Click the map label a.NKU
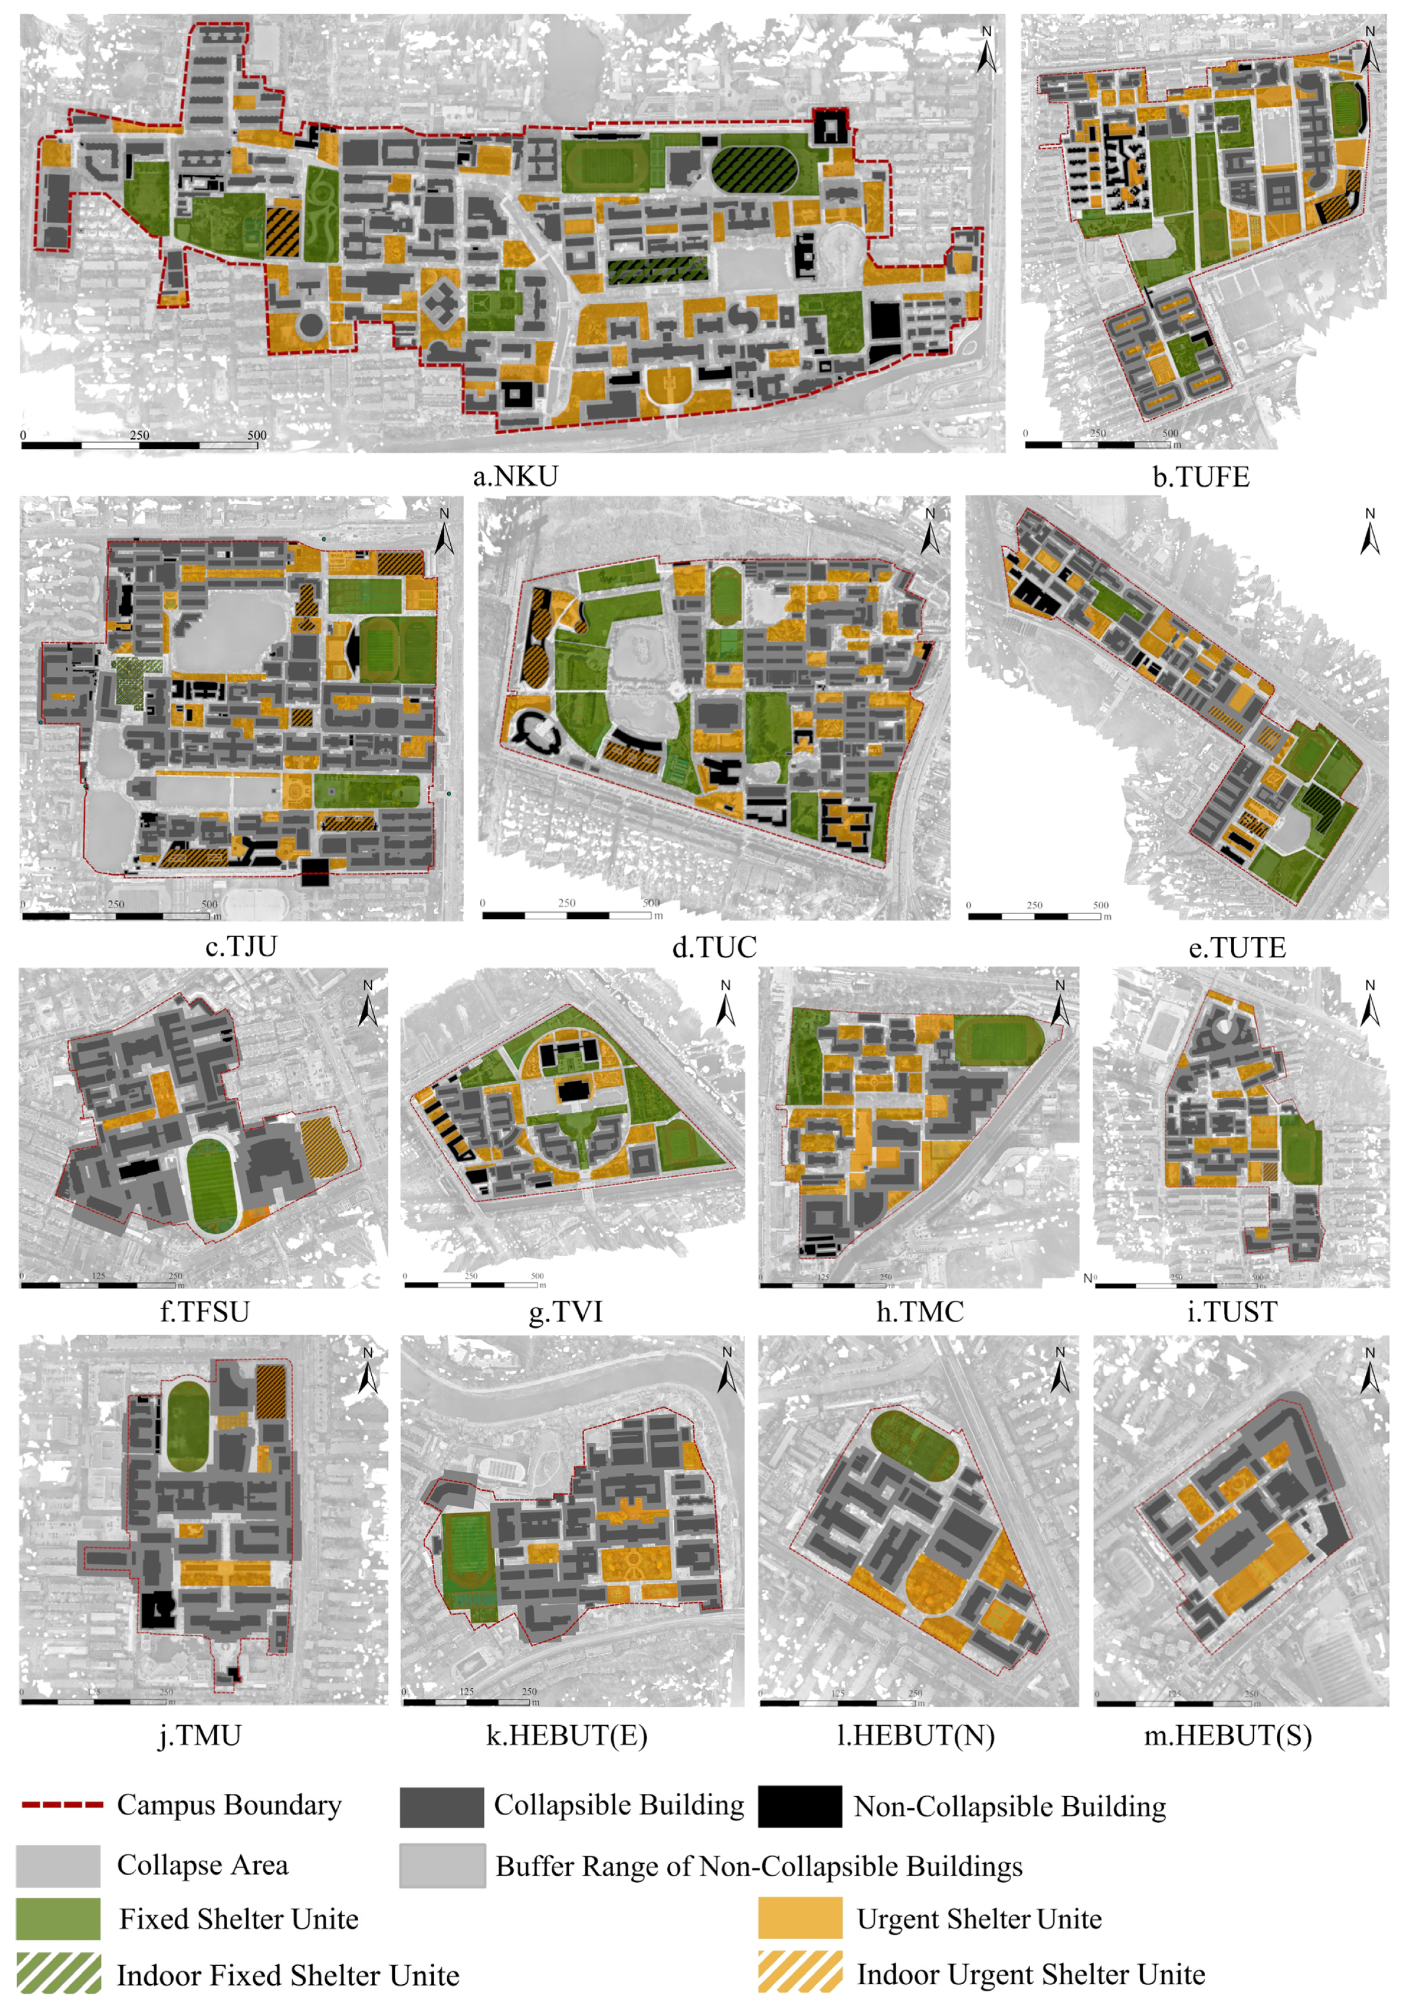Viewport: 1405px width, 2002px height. [515, 476]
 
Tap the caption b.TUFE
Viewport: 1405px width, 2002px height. [1200, 477]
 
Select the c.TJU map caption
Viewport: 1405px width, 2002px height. [241, 946]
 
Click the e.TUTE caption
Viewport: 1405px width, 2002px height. [1237, 948]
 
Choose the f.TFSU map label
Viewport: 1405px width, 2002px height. [205, 1312]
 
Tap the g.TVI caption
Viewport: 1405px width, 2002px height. [566, 1312]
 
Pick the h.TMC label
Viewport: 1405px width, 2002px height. [919, 1312]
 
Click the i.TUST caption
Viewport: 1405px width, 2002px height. [1232, 1312]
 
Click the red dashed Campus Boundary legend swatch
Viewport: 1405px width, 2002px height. [62, 1804]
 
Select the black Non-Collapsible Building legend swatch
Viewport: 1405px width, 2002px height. [799, 1806]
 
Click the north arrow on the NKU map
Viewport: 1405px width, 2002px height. [987, 50]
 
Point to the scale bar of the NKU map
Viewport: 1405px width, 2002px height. [139, 445]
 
